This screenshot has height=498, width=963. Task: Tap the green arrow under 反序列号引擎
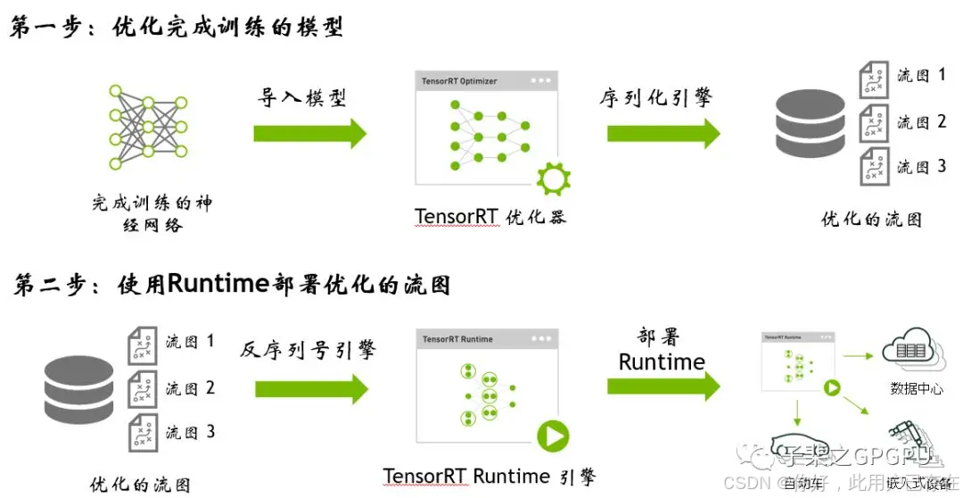[310, 388]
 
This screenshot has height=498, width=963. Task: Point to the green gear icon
[553, 178]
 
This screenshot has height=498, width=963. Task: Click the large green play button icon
[553, 436]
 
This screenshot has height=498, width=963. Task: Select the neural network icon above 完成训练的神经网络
[148, 124]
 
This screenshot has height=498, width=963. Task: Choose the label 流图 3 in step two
[190, 433]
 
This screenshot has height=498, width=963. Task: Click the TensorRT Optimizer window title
[460, 81]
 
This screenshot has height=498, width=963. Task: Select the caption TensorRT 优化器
[490, 217]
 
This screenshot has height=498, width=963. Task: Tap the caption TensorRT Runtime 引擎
[490, 476]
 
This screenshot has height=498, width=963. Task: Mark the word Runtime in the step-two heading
[218, 284]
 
